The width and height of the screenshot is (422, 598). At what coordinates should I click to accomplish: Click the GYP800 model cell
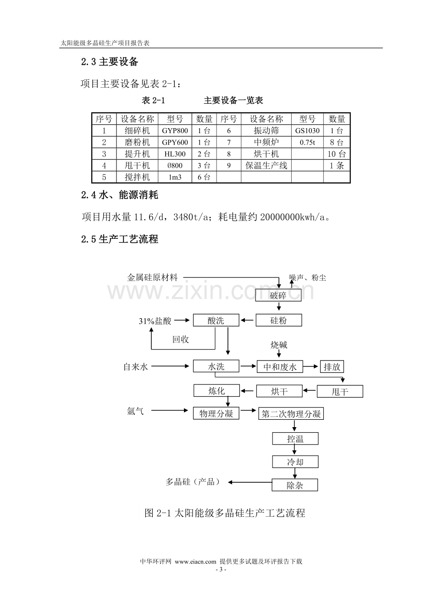coord(175,130)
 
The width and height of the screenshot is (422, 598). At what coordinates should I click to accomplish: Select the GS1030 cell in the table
coord(307,130)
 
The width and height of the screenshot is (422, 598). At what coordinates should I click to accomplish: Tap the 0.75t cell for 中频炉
coord(307,142)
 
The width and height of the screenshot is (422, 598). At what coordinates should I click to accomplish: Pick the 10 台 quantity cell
coord(337,154)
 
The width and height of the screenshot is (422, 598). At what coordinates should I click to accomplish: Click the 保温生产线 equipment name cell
coord(266,165)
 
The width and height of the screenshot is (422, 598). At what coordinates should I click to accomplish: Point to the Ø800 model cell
coord(175,165)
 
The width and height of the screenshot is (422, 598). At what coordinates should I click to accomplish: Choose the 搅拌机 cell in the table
coord(137,177)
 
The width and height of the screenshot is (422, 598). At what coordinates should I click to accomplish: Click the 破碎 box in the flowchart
coord(278,295)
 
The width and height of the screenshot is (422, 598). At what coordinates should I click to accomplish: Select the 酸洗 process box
coord(216,320)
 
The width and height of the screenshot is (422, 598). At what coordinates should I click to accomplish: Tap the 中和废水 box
coord(280,367)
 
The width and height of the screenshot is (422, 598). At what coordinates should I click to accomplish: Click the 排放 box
coord(332,367)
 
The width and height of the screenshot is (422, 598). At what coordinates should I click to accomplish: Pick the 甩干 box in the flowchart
coord(340,391)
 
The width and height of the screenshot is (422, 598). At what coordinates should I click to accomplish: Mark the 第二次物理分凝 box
coord(291,413)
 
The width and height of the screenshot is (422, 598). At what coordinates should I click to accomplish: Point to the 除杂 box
coord(295,485)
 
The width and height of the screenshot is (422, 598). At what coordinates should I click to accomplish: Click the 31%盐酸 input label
coord(155,321)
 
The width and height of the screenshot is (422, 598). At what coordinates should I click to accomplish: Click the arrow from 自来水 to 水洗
coord(170,366)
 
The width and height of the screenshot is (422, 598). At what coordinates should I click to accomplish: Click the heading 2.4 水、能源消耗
coord(120,195)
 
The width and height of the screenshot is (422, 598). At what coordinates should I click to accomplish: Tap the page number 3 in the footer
coord(221,570)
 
